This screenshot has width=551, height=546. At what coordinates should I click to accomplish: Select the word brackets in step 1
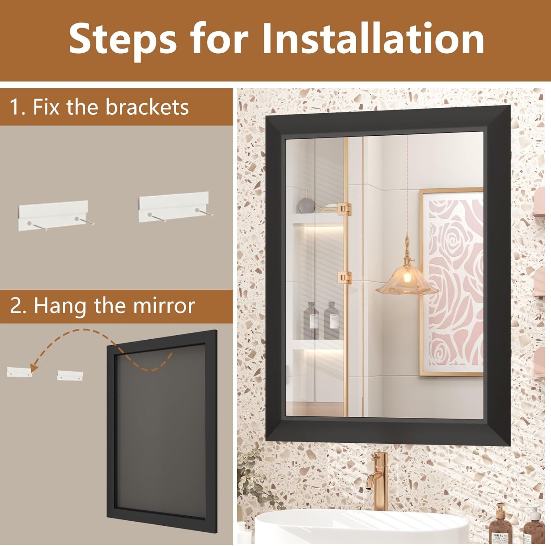click(147, 107)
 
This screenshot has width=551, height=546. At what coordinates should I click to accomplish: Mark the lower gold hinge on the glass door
click(345, 278)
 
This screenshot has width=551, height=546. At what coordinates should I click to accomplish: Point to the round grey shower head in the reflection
click(305, 204)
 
